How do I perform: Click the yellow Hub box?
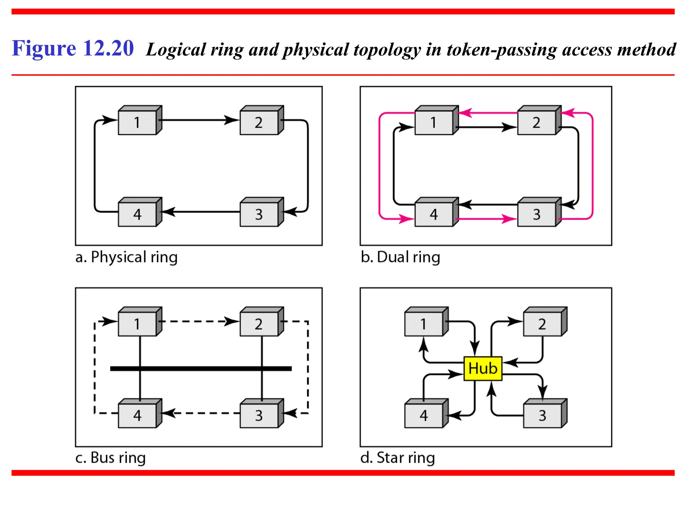click(483, 368)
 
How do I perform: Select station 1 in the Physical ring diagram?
click(138, 122)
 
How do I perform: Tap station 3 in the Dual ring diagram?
click(537, 214)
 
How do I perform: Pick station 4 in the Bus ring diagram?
click(138, 415)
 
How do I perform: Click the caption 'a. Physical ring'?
click(126, 257)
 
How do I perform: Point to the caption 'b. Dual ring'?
click(400, 257)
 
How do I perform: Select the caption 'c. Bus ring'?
click(110, 458)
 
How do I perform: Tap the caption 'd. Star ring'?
click(397, 458)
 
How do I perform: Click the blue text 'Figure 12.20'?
click(73, 48)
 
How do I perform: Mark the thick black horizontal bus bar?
click(201, 368)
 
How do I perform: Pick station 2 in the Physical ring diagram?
click(259, 122)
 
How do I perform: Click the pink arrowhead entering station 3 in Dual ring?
click(510, 219)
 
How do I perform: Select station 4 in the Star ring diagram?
click(424, 415)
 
